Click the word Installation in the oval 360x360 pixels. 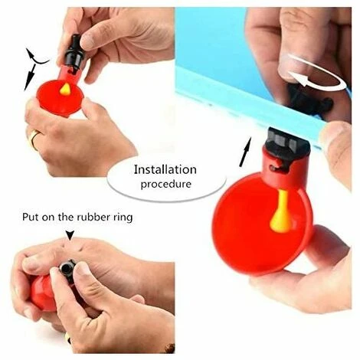(x=165, y=170)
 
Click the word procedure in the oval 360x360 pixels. (x=165, y=184)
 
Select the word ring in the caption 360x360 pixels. (x=123, y=218)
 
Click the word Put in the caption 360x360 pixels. (x=31, y=217)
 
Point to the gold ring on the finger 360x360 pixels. (x=33, y=139)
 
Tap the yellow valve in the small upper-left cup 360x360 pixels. (x=66, y=89)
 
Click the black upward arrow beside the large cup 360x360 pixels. (x=245, y=152)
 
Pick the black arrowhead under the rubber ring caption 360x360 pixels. (x=70, y=235)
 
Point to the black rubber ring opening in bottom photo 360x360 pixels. (x=67, y=268)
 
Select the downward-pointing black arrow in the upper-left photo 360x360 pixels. (x=29, y=77)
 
